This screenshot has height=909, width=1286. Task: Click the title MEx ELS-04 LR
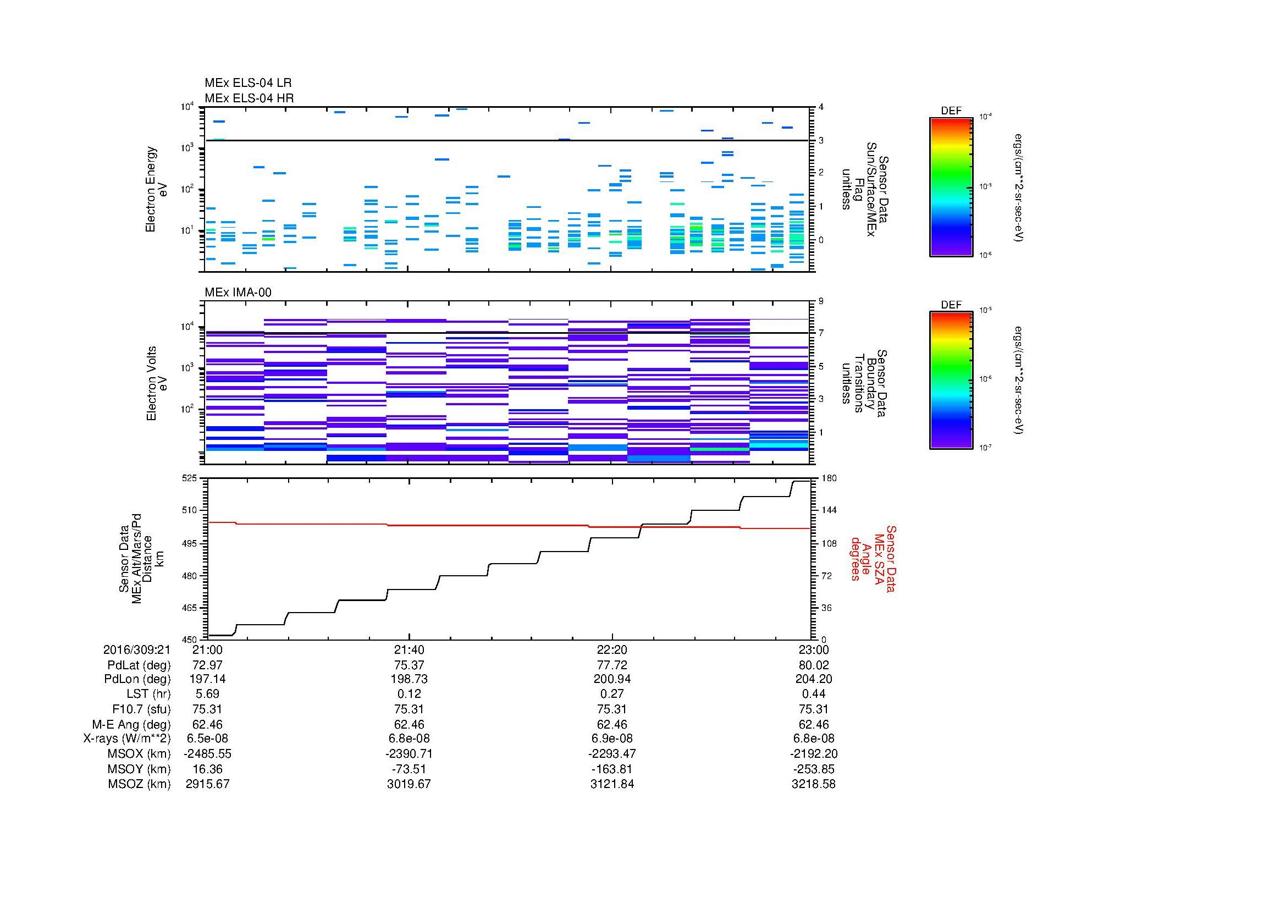(x=247, y=83)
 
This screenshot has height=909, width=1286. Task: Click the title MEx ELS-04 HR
(x=249, y=98)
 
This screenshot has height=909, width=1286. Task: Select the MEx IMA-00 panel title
(x=238, y=293)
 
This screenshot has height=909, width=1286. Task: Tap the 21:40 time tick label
(x=410, y=649)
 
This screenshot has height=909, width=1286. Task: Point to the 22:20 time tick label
(x=611, y=649)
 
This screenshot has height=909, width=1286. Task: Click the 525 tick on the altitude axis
(x=189, y=478)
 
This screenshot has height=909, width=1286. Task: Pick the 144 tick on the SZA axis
(x=829, y=510)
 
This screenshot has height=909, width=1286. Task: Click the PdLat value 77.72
(x=611, y=665)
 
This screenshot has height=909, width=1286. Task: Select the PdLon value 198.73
(x=410, y=679)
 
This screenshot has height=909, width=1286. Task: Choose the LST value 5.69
(x=207, y=694)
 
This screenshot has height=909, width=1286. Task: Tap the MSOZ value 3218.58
(x=813, y=784)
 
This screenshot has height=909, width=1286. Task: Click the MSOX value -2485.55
(x=207, y=754)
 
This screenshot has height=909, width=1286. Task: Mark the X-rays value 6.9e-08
(x=611, y=739)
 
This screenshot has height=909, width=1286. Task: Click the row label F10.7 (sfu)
(x=141, y=709)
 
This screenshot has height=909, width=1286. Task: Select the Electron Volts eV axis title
(x=157, y=383)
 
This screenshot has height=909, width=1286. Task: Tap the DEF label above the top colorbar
(x=951, y=111)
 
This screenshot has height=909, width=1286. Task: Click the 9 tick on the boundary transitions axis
(x=821, y=301)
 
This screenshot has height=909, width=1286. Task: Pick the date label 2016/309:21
(x=137, y=649)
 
